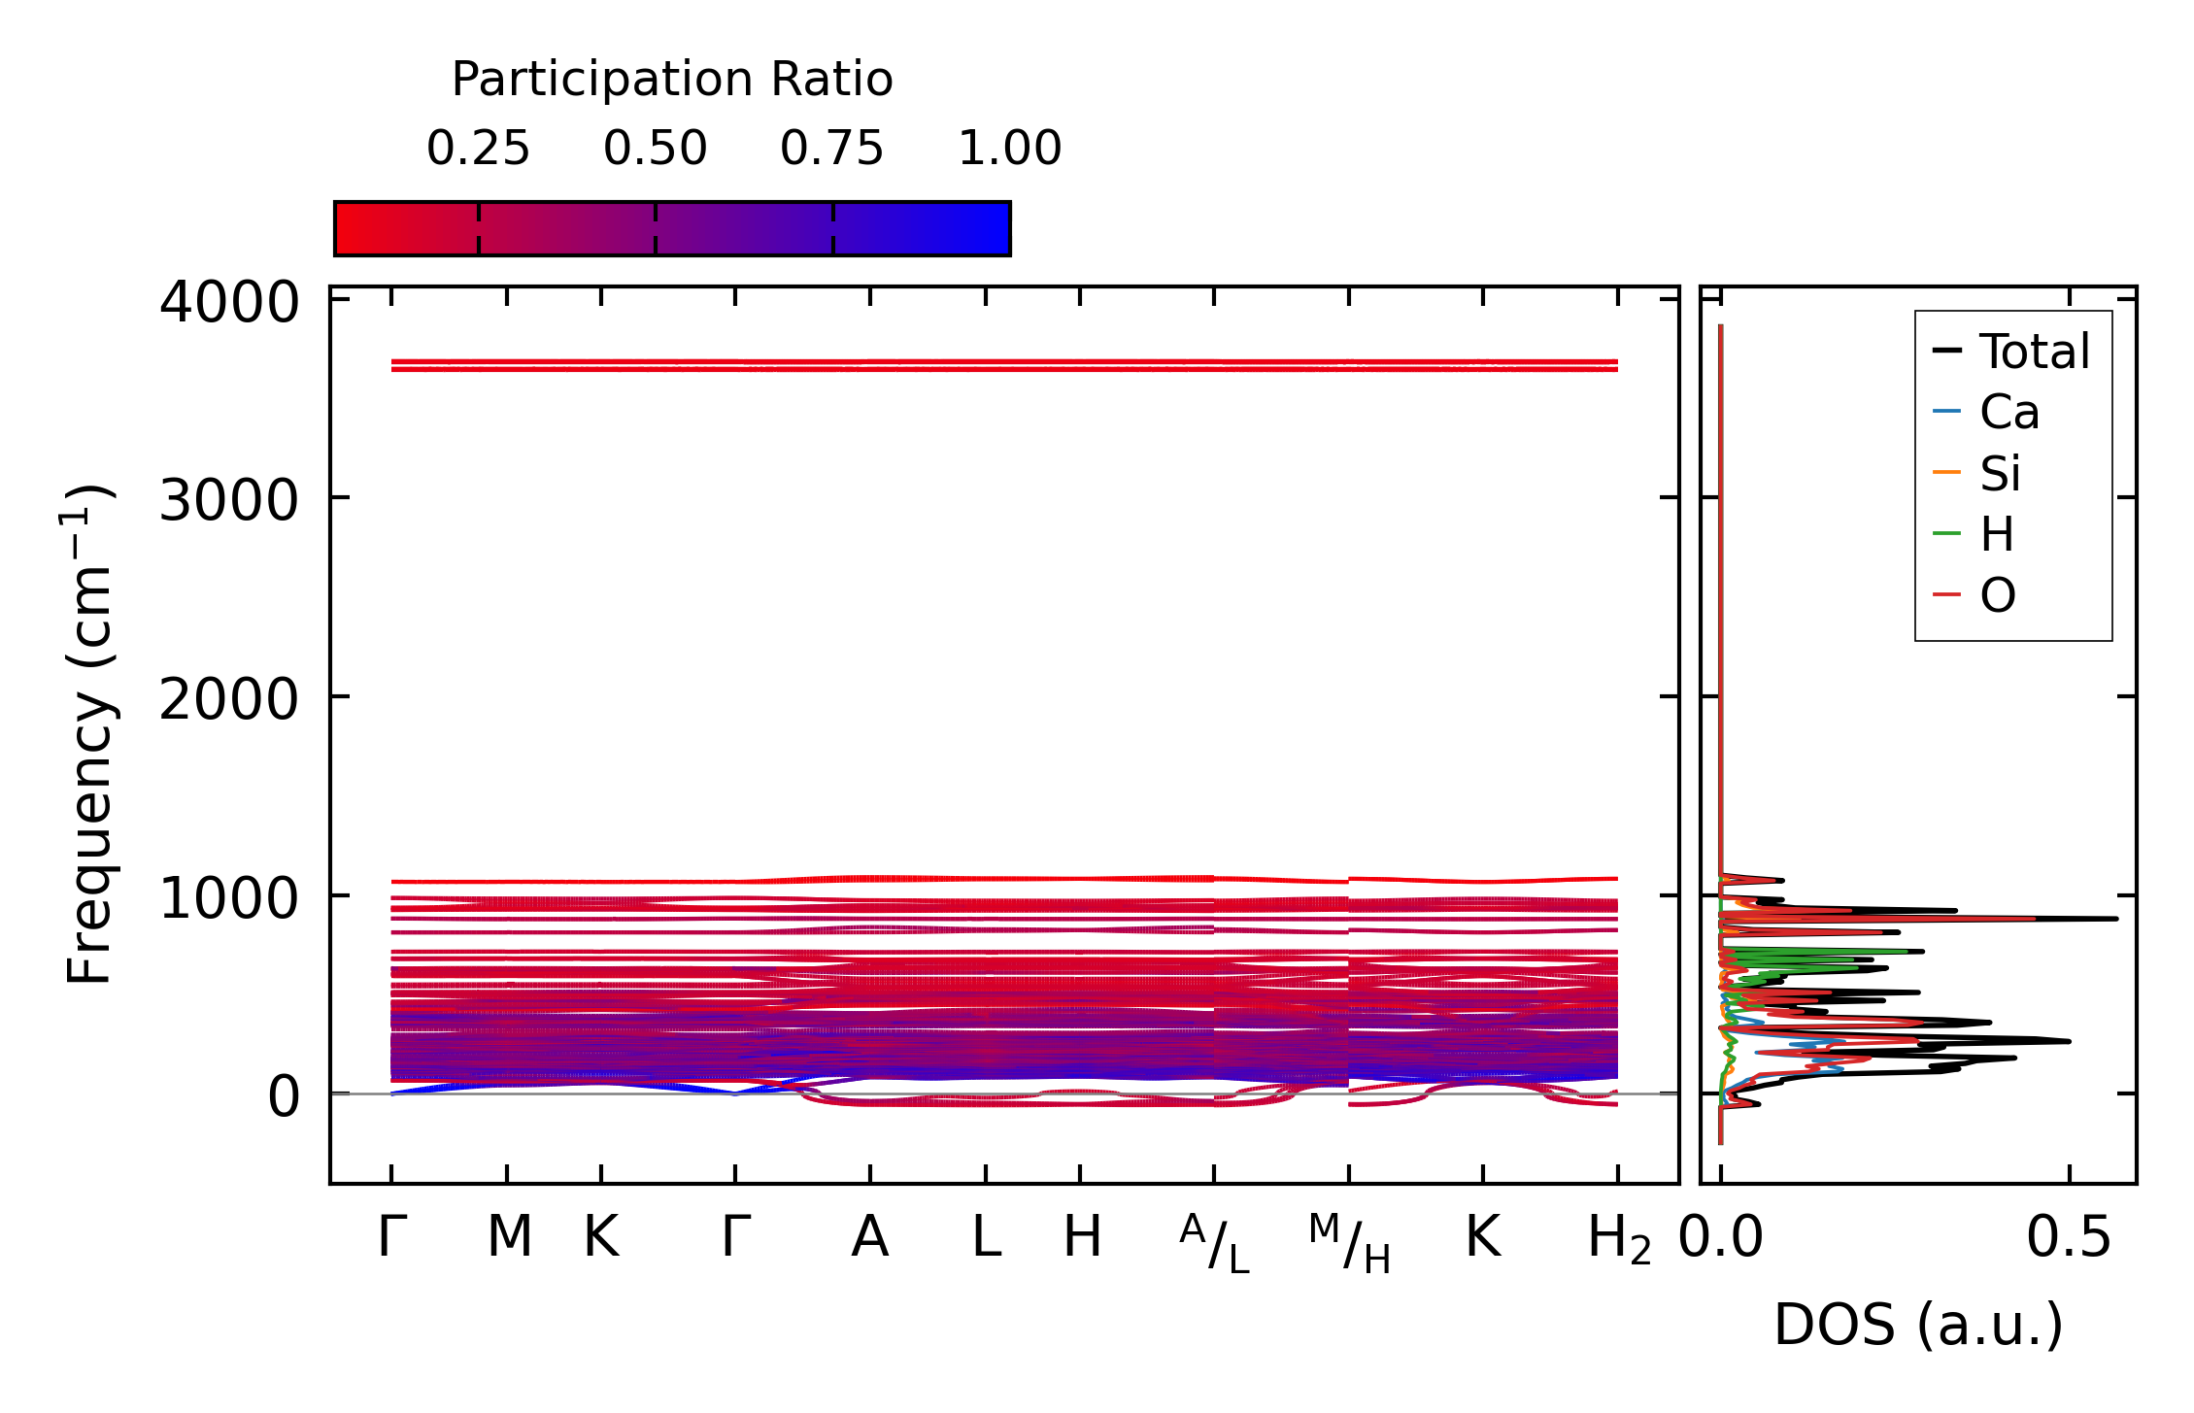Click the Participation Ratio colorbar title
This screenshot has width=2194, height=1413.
pos(672,80)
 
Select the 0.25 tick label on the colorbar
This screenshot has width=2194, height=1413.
pos(478,150)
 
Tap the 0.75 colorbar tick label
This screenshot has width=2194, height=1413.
pos(832,150)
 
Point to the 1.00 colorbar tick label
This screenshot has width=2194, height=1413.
pos(1010,150)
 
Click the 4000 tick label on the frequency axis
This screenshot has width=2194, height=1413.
pos(229,303)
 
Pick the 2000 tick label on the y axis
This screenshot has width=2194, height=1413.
pos(229,699)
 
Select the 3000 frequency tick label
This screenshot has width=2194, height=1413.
pos(229,501)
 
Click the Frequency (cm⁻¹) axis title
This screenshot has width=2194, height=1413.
pos(89,734)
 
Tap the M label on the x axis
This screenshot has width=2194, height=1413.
pos(509,1238)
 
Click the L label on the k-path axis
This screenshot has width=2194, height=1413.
pos(987,1238)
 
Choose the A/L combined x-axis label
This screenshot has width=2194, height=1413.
pos(1214,1243)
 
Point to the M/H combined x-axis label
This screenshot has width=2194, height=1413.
pos(1349,1243)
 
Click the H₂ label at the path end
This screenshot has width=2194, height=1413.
pos(1618,1240)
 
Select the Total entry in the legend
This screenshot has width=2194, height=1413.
pos(2034,352)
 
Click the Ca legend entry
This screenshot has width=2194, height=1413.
pos(2008,413)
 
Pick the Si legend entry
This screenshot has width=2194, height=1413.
pos(2001,474)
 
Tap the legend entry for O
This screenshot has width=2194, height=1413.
pos(1998,595)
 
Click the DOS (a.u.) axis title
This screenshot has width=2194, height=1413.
pos(1918,1325)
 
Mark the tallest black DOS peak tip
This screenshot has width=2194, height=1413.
pos(2116,919)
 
